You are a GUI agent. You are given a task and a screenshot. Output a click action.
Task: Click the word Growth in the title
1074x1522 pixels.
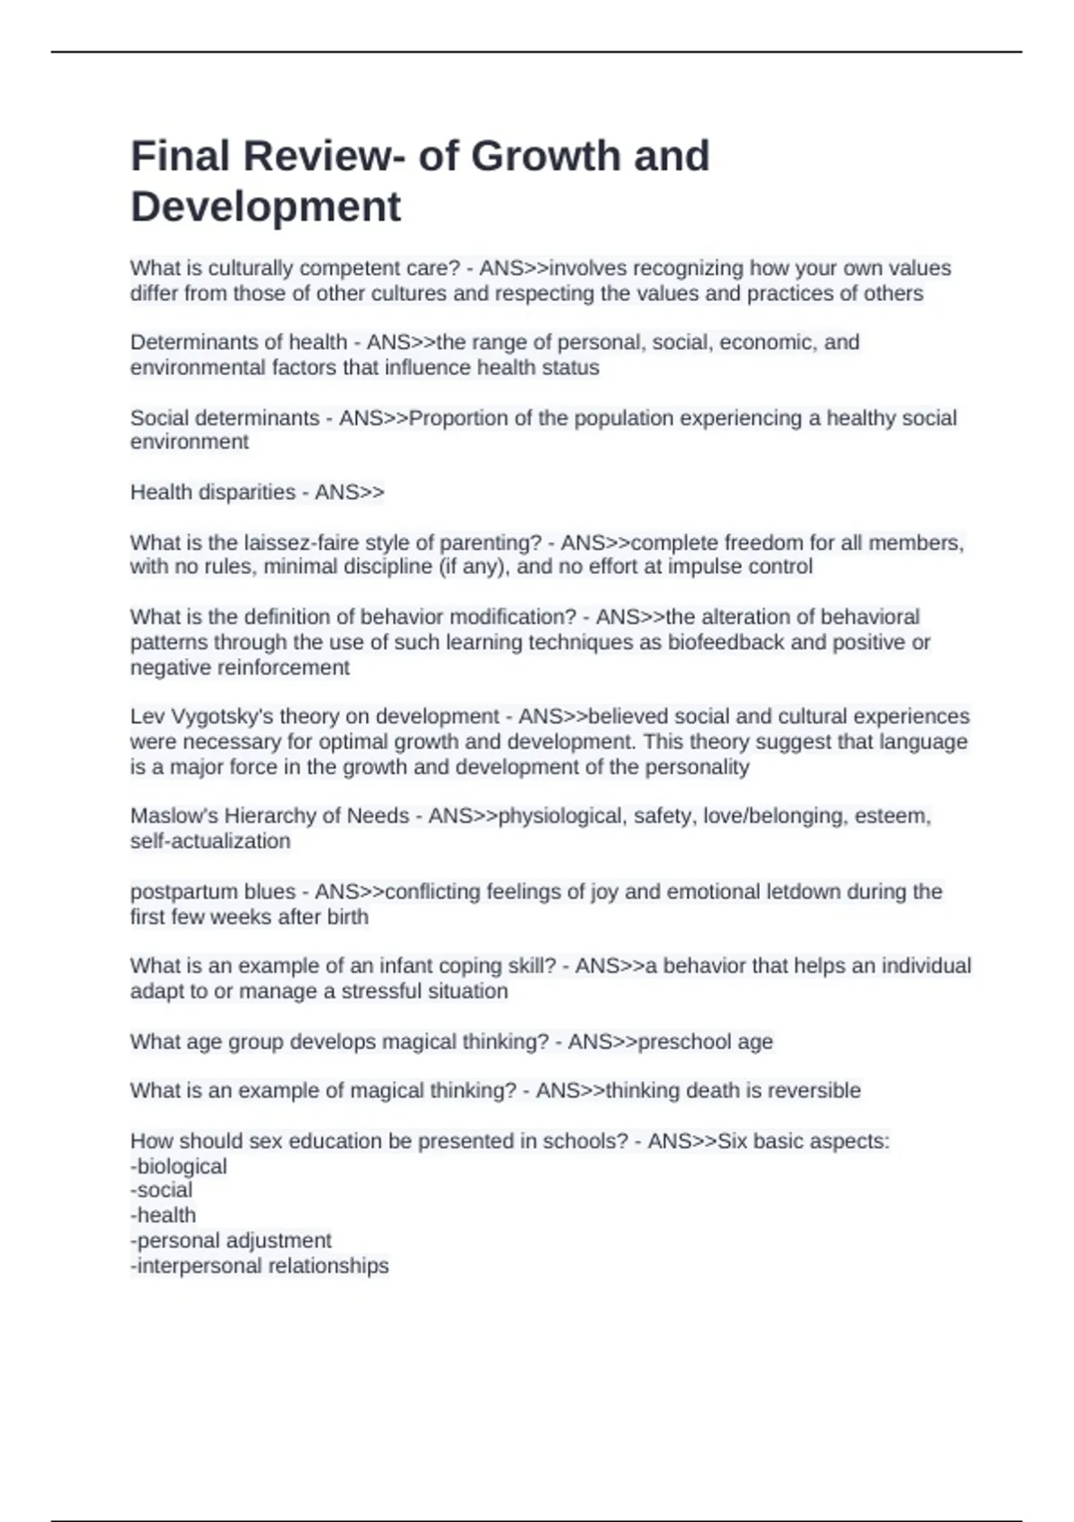546,157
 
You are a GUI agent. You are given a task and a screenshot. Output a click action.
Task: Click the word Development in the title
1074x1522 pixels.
266,207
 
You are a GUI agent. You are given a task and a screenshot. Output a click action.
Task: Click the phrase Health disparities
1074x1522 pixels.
213,492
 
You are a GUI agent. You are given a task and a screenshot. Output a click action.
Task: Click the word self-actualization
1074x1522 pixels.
210,841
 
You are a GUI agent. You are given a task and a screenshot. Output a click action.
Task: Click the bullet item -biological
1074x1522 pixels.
179,1167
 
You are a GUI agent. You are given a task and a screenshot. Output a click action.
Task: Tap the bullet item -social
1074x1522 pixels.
162,1190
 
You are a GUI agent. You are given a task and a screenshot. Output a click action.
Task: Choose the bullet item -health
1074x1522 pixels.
164,1215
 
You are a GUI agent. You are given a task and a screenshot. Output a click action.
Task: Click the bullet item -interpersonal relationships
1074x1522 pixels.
260,1265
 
